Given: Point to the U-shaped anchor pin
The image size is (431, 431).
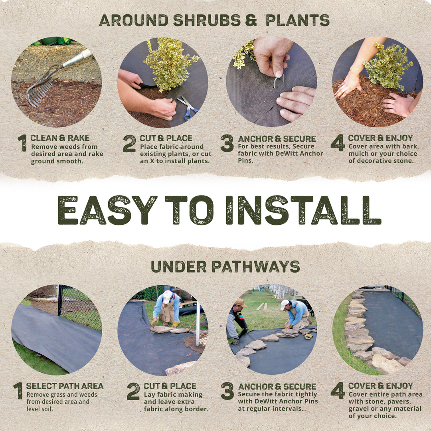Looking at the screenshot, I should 278,81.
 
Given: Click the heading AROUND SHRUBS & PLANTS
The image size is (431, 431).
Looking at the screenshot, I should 214,20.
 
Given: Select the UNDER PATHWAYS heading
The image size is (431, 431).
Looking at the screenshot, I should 225,266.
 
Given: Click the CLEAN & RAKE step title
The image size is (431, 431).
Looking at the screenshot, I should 60,138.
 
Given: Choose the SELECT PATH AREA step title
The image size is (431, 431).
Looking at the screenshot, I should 65,386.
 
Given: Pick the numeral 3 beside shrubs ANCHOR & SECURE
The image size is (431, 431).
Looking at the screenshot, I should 227,143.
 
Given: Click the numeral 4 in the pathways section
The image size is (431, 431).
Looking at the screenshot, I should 337,390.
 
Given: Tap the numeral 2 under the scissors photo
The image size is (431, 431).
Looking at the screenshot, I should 129,143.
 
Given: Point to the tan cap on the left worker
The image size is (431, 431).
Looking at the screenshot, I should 240,302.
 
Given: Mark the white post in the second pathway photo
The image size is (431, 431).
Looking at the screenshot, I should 198,323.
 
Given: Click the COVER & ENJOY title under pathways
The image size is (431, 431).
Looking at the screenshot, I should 380,386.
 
